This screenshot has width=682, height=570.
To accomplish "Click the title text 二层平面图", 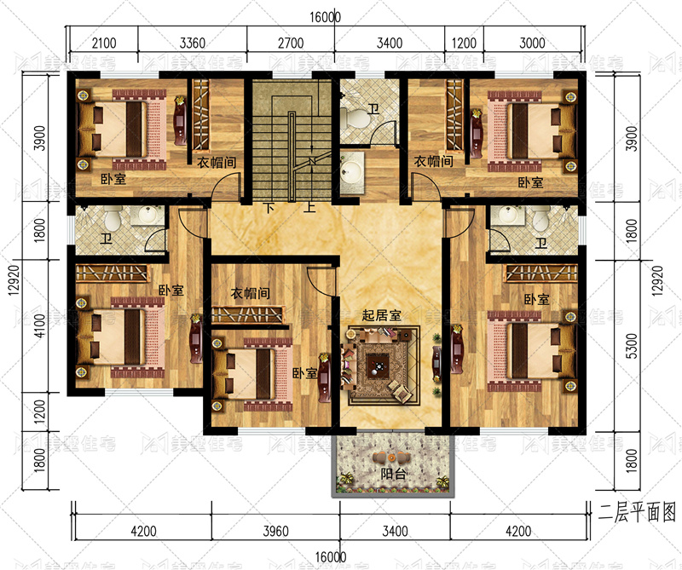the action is (637, 513).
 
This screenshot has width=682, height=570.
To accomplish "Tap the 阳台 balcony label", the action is (393, 474).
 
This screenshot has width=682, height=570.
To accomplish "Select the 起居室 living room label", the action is (381, 315).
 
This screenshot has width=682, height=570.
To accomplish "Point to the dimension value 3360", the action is (193, 43).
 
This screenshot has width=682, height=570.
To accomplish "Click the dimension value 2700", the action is (291, 43).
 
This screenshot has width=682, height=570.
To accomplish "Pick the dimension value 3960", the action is (275, 532).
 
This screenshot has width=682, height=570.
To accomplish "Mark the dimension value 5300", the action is (632, 346).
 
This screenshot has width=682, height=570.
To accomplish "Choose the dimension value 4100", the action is (39, 325).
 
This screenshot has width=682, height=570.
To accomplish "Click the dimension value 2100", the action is (104, 43).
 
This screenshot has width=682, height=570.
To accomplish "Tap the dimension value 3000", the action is (532, 43).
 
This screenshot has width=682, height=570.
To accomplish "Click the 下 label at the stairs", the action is (269, 208).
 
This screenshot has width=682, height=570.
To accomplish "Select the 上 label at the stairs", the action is (309, 207).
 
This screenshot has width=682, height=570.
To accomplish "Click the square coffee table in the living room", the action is (377, 365).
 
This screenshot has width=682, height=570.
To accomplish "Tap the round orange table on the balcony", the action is (391, 458).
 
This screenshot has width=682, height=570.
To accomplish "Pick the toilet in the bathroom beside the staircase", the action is (354, 118).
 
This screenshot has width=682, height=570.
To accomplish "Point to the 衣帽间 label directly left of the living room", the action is (250, 293).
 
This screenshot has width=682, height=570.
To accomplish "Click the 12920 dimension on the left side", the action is (14, 280).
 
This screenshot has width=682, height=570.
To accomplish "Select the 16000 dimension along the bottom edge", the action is (331, 557).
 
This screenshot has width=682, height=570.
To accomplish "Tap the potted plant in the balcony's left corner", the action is (346, 480).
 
